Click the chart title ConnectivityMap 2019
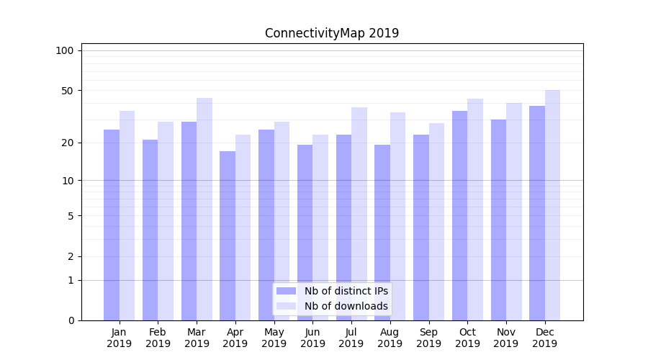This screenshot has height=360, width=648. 331,33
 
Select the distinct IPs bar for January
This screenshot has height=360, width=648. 112,225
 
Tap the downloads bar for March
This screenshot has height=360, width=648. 204,209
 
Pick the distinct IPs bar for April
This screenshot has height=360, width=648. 228,235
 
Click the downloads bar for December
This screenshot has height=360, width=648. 553,205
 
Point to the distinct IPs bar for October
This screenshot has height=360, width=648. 459,215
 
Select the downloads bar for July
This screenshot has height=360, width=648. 359,214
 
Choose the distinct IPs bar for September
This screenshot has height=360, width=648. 421,228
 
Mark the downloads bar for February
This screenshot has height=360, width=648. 166,221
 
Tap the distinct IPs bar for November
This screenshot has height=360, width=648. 498,220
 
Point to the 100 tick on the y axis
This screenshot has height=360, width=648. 65,50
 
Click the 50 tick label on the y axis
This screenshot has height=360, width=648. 67,91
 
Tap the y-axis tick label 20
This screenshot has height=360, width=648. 67,143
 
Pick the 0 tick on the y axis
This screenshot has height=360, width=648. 70,320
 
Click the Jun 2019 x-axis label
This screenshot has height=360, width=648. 312,338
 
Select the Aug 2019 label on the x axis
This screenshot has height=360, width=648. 390,338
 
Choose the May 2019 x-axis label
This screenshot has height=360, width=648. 274,338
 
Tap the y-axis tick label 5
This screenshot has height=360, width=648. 70,216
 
